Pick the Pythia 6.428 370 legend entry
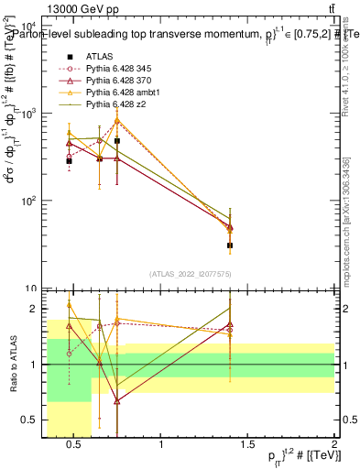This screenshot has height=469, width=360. pyautogui.click(x=117, y=80)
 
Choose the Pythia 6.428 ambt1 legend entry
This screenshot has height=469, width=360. pyautogui.click(x=120, y=93)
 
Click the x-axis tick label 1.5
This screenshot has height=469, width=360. pyautogui.click(x=248, y=446)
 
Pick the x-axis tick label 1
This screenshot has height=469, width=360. pyautogui.click(x=162, y=446)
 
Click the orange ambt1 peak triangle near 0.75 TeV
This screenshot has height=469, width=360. pyautogui.click(x=117, y=120)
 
